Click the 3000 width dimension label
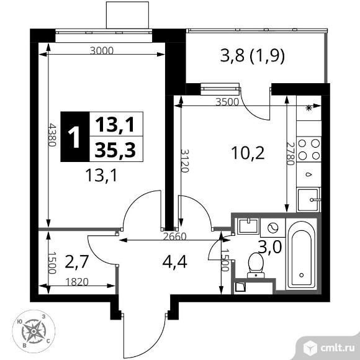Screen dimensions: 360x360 (102, 50)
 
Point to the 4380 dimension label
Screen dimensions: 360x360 (52, 135)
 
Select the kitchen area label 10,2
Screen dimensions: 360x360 (248, 153)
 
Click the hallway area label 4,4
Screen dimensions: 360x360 (174, 262)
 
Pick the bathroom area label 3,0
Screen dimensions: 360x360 (270, 247)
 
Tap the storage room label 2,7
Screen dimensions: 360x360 (77, 262)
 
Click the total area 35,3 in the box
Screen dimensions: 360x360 (115, 150)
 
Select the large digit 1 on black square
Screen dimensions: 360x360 (74, 137)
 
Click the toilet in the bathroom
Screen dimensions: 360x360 (256, 265)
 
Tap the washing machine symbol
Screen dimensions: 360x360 (272, 228)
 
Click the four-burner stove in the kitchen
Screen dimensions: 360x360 (309, 150)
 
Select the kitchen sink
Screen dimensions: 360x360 (308, 199)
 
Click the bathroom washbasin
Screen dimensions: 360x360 (248, 226)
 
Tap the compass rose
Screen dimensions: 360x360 (34, 331)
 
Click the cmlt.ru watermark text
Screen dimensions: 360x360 (337, 348)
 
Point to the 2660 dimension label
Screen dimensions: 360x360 (174, 236)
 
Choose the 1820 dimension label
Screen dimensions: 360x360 (77, 282)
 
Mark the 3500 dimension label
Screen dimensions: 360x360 (227, 102)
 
